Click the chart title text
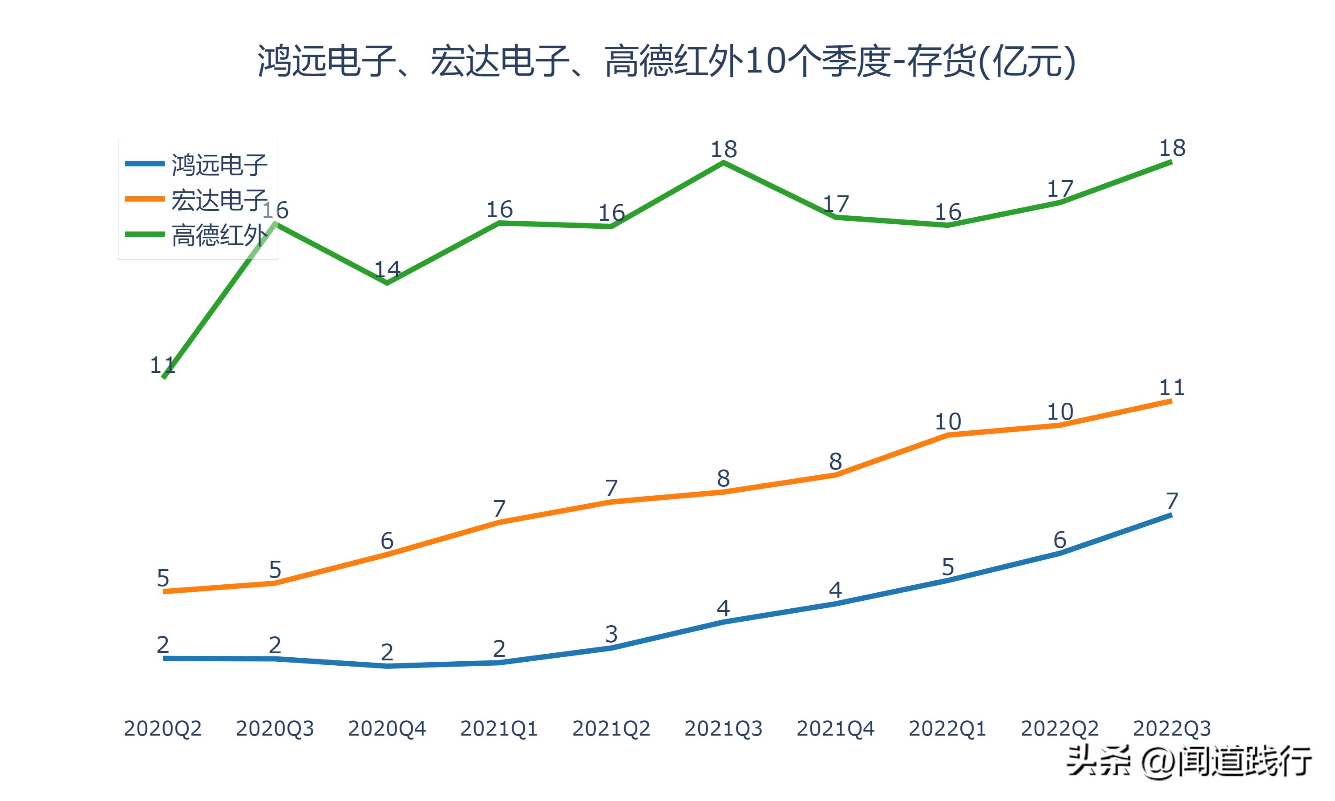[667, 61]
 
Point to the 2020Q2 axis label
[162, 728]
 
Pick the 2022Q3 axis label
[1172, 728]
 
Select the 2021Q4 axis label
[835, 728]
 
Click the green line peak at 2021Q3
[723, 162]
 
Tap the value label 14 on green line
[387, 269]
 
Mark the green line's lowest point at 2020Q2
[163, 377]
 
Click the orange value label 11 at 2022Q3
[1172, 387]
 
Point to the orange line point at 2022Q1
[947, 434]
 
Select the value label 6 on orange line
[387, 540]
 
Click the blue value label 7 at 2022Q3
[1172, 501]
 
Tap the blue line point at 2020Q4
[387, 666]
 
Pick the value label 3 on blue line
[611, 634]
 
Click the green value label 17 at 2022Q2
[1060, 189]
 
